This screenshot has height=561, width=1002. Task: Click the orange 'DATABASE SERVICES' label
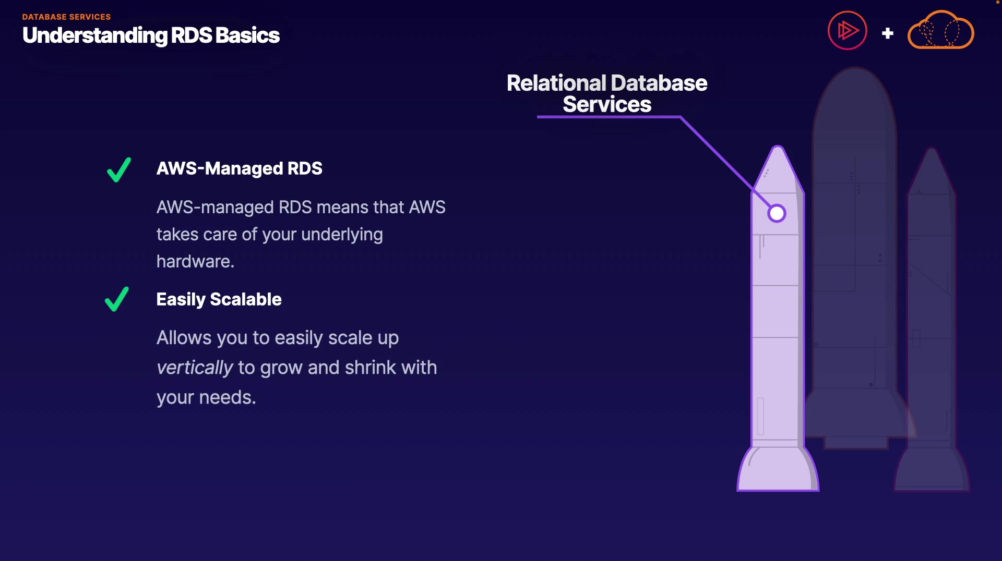point(66,17)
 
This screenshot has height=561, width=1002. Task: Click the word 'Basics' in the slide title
point(247,35)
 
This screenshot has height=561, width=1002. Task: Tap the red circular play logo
point(847,31)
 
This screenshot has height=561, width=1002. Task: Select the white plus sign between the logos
point(887,33)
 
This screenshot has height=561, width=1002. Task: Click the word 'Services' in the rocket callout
point(606,105)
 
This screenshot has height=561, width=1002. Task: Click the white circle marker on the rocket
point(777,213)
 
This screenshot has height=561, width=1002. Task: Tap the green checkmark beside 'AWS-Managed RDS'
point(118,169)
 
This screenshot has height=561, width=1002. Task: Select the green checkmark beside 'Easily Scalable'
point(116,299)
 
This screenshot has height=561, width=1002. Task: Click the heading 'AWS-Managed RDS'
point(239,168)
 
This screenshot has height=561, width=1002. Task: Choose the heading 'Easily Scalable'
point(219,299)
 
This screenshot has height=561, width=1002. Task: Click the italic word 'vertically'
point(195,368)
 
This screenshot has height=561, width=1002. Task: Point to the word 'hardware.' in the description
point(195,261)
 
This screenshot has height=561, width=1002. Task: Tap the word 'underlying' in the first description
point(342,235)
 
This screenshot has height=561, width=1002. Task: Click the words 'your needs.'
point(206,397)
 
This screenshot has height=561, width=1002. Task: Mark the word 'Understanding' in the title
point(95,35)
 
